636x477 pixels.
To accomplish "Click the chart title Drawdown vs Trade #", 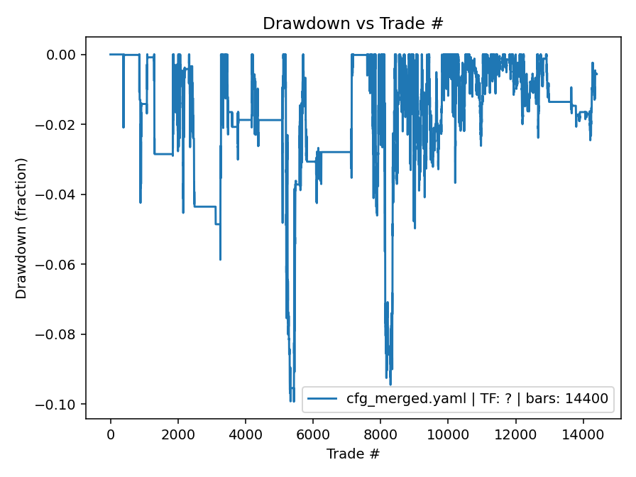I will click(353, 23).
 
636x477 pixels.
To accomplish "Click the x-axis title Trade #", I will click(353, 453).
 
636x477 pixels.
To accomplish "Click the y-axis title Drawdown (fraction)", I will click(21, 228).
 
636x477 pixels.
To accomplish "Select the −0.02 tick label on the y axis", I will click(60, 125).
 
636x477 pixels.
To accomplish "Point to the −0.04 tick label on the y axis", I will click(60, 194).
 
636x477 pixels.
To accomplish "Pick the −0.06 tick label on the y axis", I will click(60, 265).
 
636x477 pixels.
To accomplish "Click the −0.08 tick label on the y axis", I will click(60, 334).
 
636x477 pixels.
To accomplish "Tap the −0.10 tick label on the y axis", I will click(60, 405).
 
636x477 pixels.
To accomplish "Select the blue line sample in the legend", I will click(324, 399).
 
